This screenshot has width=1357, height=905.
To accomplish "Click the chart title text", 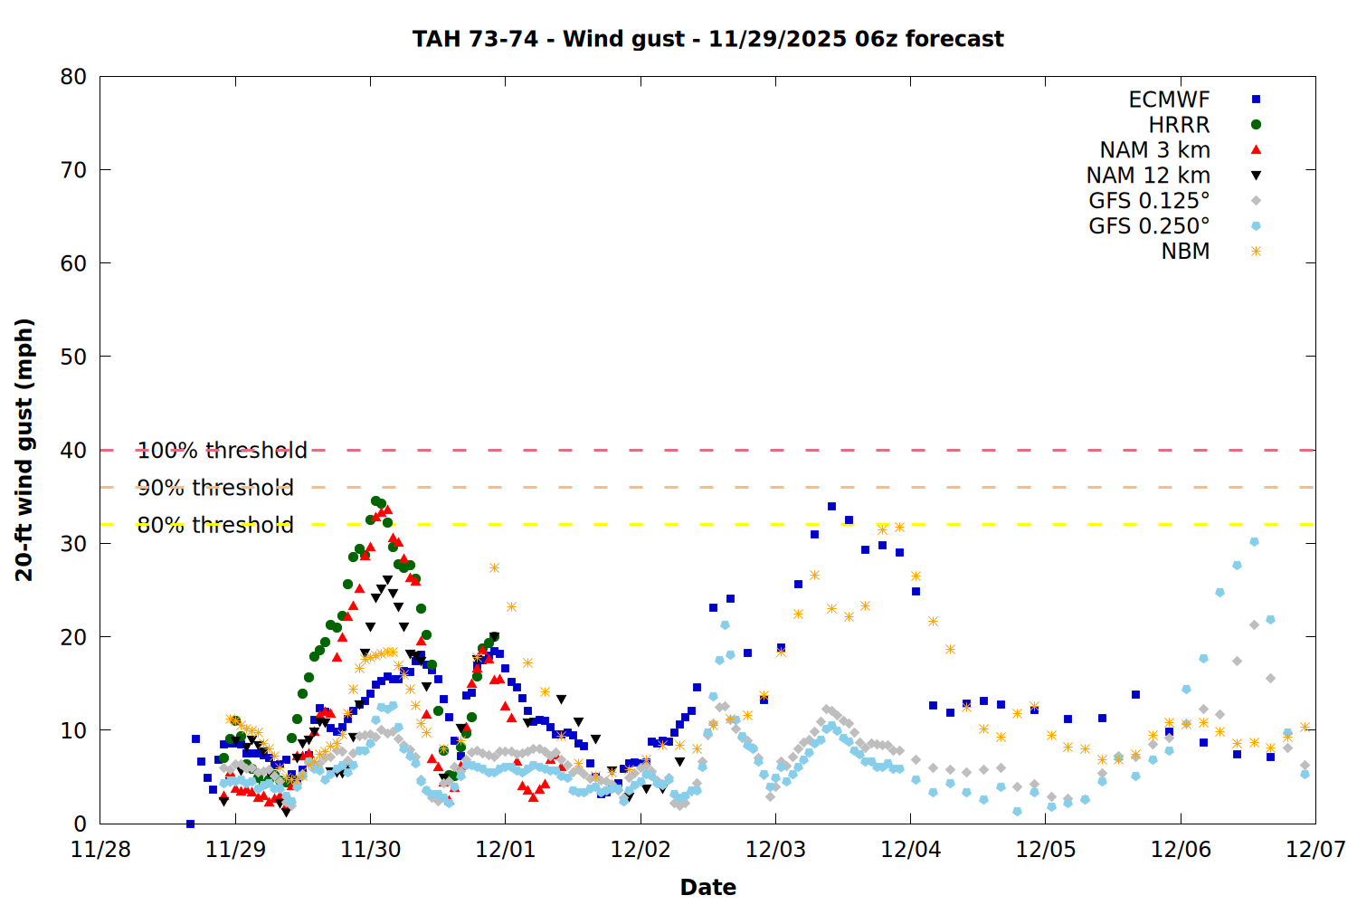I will (x=707, y=39).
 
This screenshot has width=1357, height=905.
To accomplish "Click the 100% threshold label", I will (x=222, y=451).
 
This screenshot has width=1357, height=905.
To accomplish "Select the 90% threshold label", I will (x=215, y=488).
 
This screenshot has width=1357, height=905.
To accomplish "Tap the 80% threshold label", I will (x=215, y=525).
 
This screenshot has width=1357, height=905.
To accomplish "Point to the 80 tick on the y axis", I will (x=73, y=77).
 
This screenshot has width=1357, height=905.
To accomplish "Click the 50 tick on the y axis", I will (x=73, y=357).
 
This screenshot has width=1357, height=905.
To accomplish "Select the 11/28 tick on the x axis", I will (x=100, y=850).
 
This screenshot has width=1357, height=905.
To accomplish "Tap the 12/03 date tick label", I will (x=775, y=850).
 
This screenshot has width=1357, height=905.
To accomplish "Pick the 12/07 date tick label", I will (x=1315, y=850).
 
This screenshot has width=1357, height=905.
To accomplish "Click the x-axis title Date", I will (x=707, y=887).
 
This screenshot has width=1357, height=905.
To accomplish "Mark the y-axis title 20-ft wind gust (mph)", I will (x=24, y=450).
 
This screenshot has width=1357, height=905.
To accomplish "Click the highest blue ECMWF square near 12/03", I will (x=831, y=506).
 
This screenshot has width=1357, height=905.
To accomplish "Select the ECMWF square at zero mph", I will (x=190, y=824).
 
